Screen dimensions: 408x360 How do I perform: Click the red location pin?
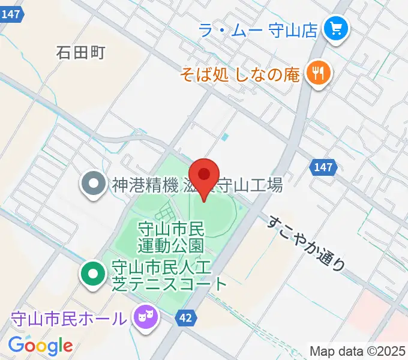click(204, 175)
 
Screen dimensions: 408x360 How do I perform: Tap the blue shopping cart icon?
click(332, 29)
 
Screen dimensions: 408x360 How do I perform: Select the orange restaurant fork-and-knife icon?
click(316, 74)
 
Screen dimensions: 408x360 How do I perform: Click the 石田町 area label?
click(80, 53)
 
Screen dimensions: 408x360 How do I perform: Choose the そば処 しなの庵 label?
click(241, 74)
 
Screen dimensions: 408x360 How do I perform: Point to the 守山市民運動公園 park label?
click(172, 236)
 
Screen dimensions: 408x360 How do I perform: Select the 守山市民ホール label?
click(70, 317)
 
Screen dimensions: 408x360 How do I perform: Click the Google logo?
click(40, 346)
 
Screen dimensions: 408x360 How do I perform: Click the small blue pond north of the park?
click(224, 137)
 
